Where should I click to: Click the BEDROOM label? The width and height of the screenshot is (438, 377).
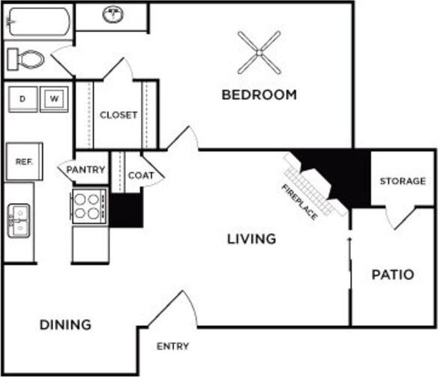point(259,95)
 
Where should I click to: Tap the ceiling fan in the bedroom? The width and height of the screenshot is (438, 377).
point(259,52)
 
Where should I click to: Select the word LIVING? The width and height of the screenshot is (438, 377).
point(252,239)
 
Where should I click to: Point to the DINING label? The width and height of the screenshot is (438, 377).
point(65,325)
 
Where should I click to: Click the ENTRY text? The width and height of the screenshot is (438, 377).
point(172,346)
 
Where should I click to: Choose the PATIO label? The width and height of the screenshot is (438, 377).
point(392,274)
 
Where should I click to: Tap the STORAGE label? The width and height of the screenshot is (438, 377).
point(402,181)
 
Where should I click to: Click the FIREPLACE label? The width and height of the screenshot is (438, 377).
point(299,201)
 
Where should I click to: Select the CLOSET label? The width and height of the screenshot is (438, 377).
point(118,115)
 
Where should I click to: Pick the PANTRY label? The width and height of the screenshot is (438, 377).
point(85,170)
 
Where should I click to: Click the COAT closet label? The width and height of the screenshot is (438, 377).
point(140,175)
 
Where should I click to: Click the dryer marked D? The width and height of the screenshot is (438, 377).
point(22,98)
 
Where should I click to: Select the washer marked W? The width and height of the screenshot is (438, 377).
point(53,98)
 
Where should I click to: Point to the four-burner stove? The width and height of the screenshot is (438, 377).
point(89,206)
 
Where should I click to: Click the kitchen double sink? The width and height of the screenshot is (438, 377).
point(19,220)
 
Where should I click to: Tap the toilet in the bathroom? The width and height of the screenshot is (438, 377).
point(26,58)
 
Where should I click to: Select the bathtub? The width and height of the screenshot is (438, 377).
point(38,21)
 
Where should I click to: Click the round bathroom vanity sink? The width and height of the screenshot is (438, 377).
point(113,13)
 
